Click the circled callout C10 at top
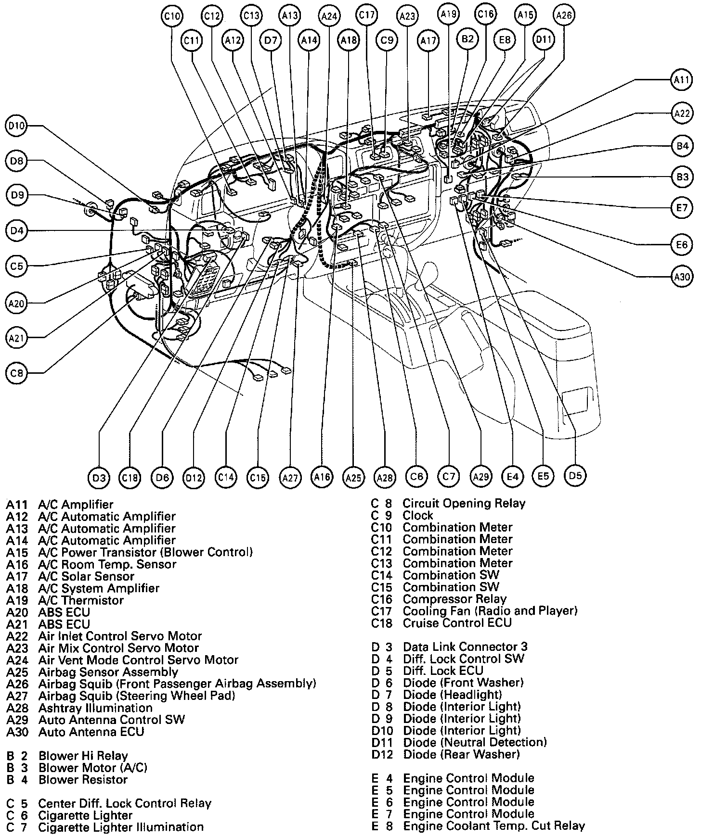(172, 16)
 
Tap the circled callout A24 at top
(329, 16)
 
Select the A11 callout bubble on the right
(682, 80)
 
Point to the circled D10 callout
(17, 127)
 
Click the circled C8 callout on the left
(17, 372)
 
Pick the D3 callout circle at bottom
(99, 478)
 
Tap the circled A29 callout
(480, 477)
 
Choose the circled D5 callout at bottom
(575, 476)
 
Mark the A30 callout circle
(682, 277)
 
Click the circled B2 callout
(467, 39)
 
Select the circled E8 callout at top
(505, 39)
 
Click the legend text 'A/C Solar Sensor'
(86, 576)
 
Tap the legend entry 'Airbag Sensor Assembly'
(108, 672)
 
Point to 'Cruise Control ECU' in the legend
(457, 623)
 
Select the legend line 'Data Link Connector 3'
(465, 647)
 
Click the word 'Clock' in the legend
(418, 516)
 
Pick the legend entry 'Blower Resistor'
(83, 779)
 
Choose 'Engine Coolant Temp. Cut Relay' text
(493, 826)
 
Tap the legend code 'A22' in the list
(17, 636)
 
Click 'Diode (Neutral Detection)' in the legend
(475, 742)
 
